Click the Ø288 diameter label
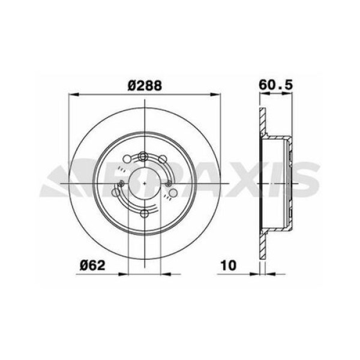[x=145, y=86]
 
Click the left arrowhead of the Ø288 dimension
[x=75, y=94]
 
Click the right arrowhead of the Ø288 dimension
[x=217, y=94]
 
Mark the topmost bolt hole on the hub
[x=144, y=157]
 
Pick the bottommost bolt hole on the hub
[x=144, y=214]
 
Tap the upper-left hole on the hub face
[x=127, y=160]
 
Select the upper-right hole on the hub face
[x=163, y=160]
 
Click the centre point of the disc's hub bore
[x=145, y=181]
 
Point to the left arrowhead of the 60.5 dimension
[x=262, y=94]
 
